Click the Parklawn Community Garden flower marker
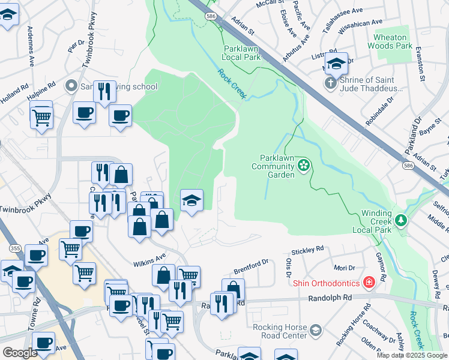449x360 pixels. [x=304, y=164]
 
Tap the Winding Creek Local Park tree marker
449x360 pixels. [x=401, y=220]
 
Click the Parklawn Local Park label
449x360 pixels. [x=243, y=53]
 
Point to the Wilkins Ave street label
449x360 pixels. [x=149, y=260]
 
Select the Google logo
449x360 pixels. [x=20, y=353]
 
